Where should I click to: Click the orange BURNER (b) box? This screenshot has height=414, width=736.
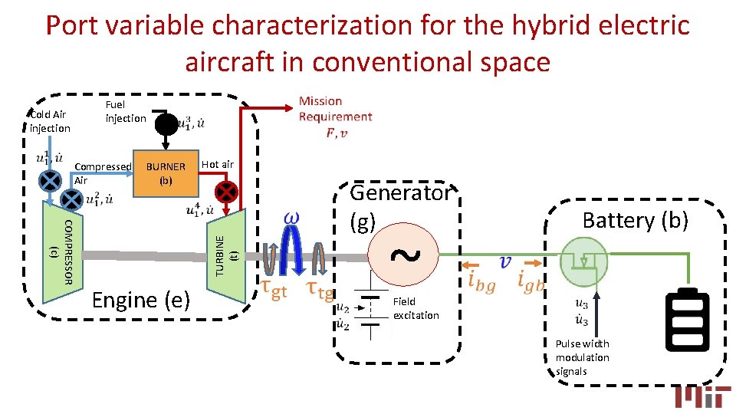(x=166, y=174)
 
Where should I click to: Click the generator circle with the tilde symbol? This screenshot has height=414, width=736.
(x=404, y=255)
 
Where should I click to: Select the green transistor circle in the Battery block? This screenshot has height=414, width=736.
(x=584, y=261)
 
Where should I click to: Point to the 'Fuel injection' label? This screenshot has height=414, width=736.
(x=125, y=111)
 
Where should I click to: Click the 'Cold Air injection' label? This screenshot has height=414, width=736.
(x=50, y=121)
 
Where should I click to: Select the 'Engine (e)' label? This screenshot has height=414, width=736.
(x=140, y=300)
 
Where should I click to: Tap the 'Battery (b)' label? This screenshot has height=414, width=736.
(x=636, y=220)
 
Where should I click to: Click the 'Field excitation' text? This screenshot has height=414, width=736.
(x=416, y=308)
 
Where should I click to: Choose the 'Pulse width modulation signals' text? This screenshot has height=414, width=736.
(x=583, y=357)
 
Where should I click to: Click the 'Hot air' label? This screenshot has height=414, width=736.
(x=218, y=164)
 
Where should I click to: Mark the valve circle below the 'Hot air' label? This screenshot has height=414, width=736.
(x=227, y=191)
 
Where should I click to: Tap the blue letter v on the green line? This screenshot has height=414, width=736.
(x=504, y=263)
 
